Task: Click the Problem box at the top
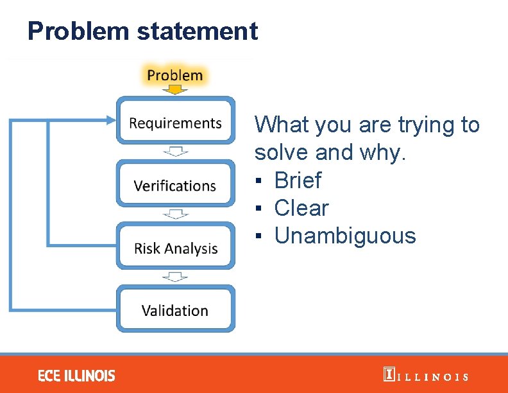click(x=174, y=75)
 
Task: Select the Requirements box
click(x=175, y=122)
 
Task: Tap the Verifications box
click(x=175, y=186)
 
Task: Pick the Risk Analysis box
click(x=175, y=248)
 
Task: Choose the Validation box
click(x=175, y=310)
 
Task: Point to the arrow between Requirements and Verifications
click(x=175, y=152)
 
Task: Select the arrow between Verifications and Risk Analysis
click(x=175, y=214)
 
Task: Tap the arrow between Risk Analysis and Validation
click(x=175, y=276)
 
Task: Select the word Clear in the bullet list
click(x=301, y=208)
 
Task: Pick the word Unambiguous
click(x=345, y=236)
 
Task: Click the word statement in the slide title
click(x=198, y=31)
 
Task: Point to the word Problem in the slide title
click(x=78, y=31)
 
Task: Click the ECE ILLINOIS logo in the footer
click(x=76, y=376)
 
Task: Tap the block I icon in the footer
click(x=388, y=375)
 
